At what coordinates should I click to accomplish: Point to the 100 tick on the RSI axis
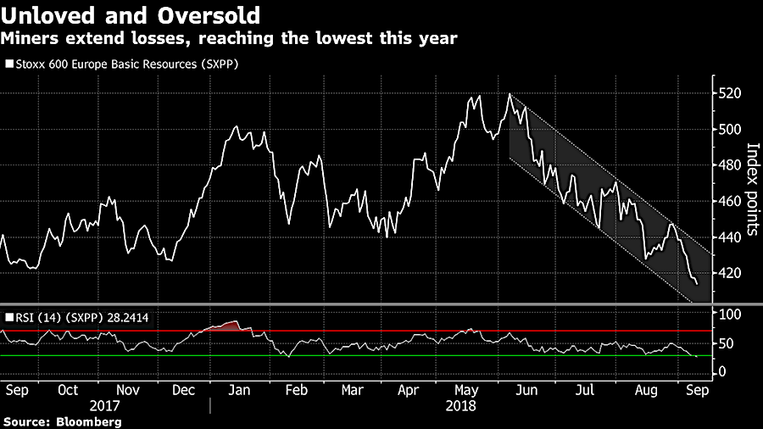click(x=729, y=315)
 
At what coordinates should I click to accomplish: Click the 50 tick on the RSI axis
click(x=726, y=343)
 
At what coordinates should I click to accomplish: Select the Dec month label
click(x=184, y=391)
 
